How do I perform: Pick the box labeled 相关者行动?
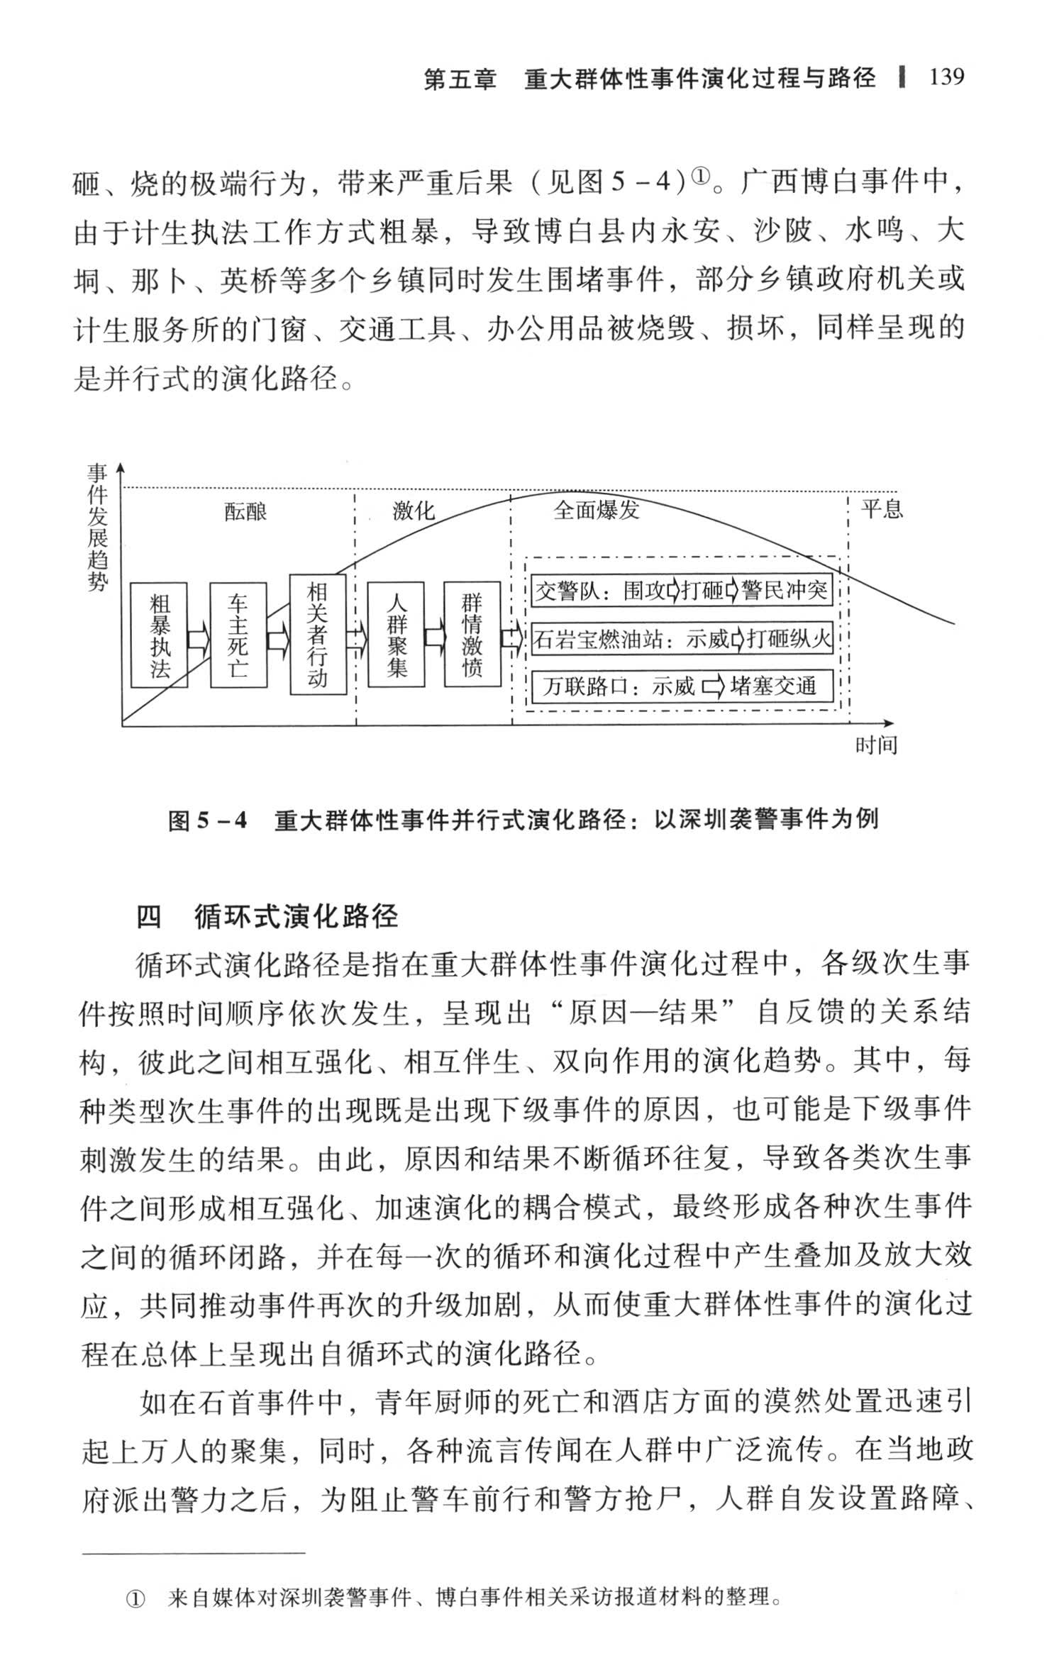point(317,635)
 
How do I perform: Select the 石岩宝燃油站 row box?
point(681,640)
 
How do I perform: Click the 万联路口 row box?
point(681,686)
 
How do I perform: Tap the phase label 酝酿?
point(245,511)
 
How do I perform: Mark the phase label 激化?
point(413,511)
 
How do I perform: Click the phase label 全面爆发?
point(596,510)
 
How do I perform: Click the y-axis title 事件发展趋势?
point(97,528)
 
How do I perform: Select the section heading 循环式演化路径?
point(296,917)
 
